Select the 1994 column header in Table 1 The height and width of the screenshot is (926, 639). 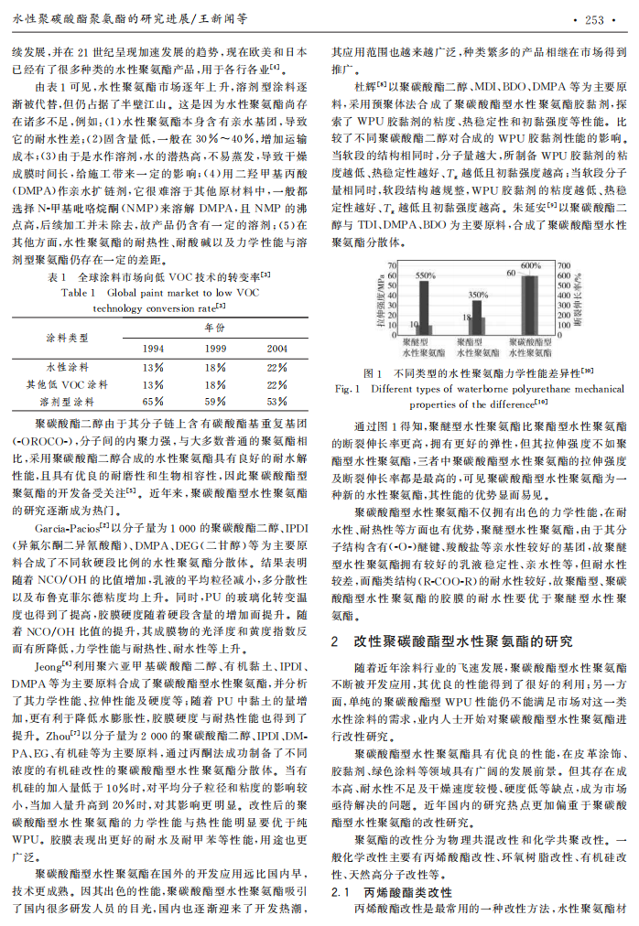[x=153, y=348]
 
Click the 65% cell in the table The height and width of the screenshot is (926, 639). [x=153, y=401]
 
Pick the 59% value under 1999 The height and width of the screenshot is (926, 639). [x=214, y=401]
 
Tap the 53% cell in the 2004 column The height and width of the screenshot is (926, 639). [x=276, y=401]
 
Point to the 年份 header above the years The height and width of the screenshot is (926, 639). [x=214, y=327]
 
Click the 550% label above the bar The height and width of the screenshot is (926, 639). [x=425, y=275]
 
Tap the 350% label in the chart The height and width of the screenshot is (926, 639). [x=479, y=295]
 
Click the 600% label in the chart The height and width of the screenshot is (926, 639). [x=531, y=265]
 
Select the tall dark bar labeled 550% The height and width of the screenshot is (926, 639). [x=423, y=307]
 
